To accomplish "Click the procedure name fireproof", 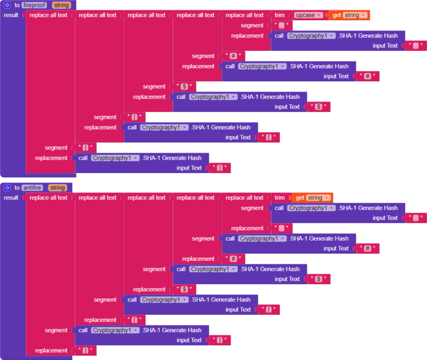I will click(34, 5).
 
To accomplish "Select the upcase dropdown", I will click(308, 15).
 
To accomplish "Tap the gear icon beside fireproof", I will click(8, 5).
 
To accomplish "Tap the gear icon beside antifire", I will click(8, 187).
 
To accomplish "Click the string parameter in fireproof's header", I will click(61, 5).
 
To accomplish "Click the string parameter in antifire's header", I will click(57, 187).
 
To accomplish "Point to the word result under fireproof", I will click(11, 15).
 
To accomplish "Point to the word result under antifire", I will click(11, 197).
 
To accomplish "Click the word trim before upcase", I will click(279, 15).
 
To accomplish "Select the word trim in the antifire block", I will click(279, 197).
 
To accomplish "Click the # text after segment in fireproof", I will click(233, 56).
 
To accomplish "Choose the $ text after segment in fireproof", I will click(184, 87).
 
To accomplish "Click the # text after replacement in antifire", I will click(233, 259).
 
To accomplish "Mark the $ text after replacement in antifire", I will click(184, 289).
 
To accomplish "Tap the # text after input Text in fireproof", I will click(368, 76).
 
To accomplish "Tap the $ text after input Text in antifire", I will click(319, 279).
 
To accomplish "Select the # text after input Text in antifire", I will click(368, 249).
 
